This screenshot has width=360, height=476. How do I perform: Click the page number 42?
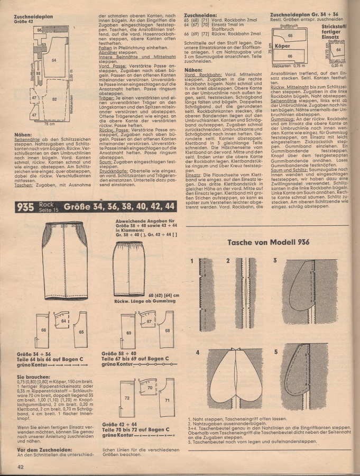coord(20,466)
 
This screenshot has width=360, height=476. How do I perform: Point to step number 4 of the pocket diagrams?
coord(197,352)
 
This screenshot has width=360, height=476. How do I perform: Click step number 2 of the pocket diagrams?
coord(227,261)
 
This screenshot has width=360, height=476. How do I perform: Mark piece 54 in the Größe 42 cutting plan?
coord(54,61)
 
